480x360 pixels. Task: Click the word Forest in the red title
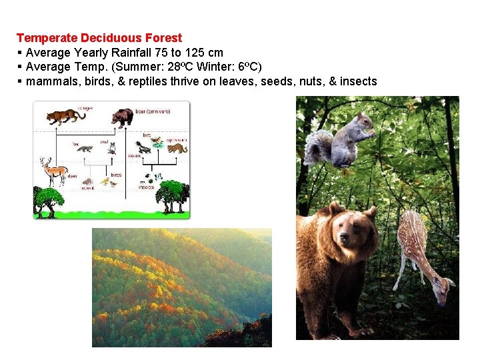click(164, 38)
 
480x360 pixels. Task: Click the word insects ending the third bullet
click(358, 81)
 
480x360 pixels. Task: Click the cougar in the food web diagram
click(65, 117)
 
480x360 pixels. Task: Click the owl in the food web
click(112, 148)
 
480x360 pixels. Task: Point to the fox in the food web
click(85, 148)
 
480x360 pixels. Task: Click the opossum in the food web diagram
click(177, 148)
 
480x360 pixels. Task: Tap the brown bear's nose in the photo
click(343, 237)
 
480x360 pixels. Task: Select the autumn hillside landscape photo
click(181, 287)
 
